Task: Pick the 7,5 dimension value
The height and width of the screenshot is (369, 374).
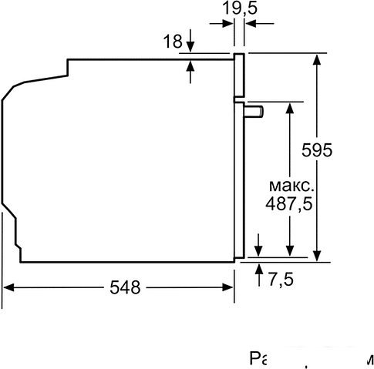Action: pyautogui.click(x=281, y=279)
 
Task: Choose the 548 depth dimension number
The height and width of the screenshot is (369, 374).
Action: pyautogui.click(x=124, y=288)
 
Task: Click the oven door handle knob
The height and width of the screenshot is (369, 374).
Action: pyautogui.click(x=254, y=112)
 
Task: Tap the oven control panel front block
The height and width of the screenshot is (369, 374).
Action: pyautogui.click(x=240, y=77)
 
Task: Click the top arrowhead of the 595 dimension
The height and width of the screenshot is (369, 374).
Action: pyautogui.click(x=317, y=59)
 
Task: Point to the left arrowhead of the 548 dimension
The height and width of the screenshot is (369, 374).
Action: pyautogui.click(x=9, y=288)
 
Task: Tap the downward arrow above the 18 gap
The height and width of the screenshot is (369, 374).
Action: pyautogui.click(x=190, y=48)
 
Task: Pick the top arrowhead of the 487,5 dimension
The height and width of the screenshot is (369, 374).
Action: pyautogui.click(x=289, y=107)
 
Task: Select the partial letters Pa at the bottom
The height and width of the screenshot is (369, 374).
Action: pyautogui.click(x=260, y=360)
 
